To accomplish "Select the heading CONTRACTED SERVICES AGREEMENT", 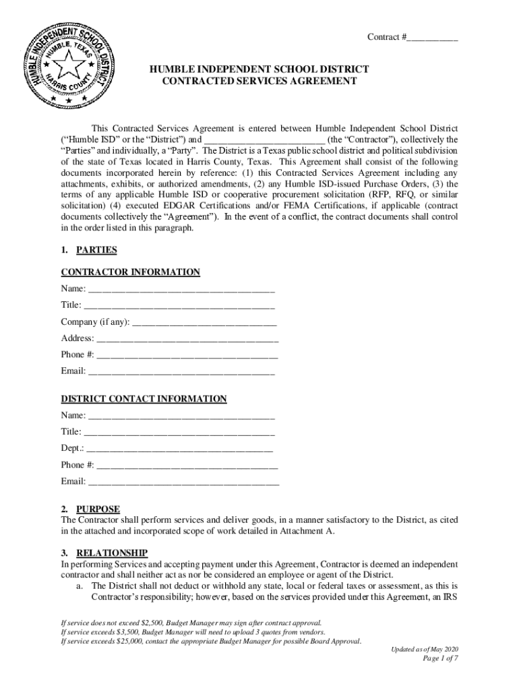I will [259, 82].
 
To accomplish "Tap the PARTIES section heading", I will [96, 250].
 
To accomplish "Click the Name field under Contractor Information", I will [181, 290].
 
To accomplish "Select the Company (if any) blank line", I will [205, 323].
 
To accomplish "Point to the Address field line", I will [187, 339].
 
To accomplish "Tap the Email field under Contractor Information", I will [181, 372].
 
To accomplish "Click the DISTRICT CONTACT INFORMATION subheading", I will [144, 399].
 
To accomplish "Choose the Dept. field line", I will [179, 449].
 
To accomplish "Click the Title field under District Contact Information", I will [179, 432].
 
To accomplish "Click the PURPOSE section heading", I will [98, 509].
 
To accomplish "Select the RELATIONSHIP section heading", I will [111, 553].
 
